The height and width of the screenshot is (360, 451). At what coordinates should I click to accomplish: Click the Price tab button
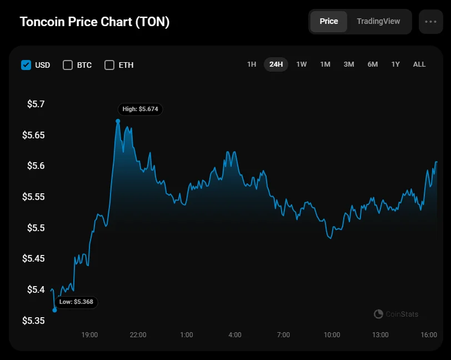pyautogui.click(x=329, y=22)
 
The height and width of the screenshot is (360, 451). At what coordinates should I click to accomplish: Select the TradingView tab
pyautogui.click(x=378, y=22)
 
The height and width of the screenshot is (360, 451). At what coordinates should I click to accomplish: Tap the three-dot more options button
pyautogui.click(x=430, y=22)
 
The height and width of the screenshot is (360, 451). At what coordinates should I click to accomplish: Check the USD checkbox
pyautogui.click(x=26, y=65)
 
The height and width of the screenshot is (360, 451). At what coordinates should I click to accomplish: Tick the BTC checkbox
pyautogui.click(x=68, y=65)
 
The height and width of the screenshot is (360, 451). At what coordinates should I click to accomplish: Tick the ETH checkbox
pyautogui.click(x=109, y=65)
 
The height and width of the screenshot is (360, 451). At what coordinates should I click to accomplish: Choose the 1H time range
pyautogui.click(x=252, y=64)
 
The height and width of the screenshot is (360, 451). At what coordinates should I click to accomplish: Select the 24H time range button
pyautogui.click(x=276, y=64)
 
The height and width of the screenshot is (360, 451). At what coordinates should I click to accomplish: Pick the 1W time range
pyautogui.click(x=302, y=64)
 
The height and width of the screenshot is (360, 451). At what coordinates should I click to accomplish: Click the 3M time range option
pyautogui.click(x=349, y=64)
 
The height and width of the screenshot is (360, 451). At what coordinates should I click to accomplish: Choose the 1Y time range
pyautogui.click(x=395, y=64)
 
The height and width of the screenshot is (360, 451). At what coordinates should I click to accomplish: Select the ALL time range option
pyautogui.click(x=419, y=64)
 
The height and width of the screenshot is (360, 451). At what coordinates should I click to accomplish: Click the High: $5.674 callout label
pyautogui.click(x=141, y=109)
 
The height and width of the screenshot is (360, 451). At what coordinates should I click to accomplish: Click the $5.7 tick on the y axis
pyautogui.click(x=36, y=104)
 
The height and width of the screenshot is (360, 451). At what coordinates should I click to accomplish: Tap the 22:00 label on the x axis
pyautogui.click(x=138, y=335)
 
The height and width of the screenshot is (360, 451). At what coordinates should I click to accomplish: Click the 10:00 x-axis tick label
pyautogui.click(x=332, y=335)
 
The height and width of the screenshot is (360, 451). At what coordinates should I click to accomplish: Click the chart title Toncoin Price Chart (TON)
pyautogui.click(x=95, y=22)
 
